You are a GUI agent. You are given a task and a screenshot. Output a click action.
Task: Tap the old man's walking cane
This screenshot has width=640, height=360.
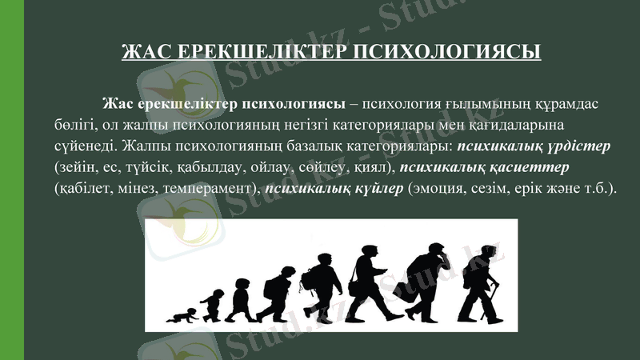[498, 302]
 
